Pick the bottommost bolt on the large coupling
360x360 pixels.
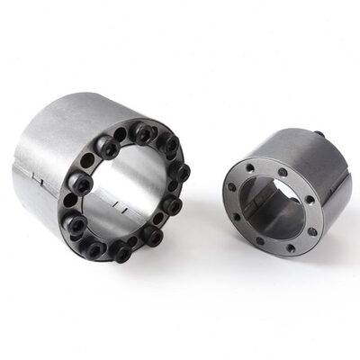coord(120,255)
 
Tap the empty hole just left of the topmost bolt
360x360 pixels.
coord(119,135)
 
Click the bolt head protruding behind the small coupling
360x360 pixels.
coord(319,136)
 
